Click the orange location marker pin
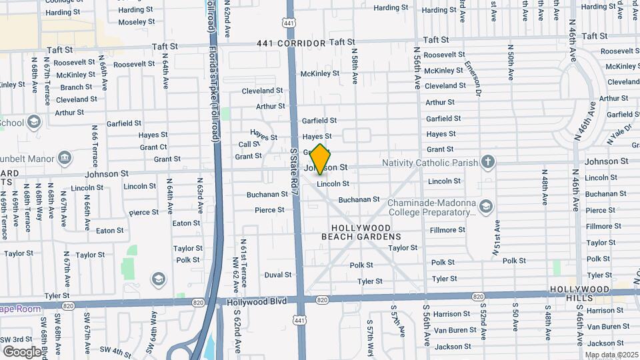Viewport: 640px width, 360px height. (x=321, y=159)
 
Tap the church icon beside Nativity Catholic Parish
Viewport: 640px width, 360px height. (x=488, y=162)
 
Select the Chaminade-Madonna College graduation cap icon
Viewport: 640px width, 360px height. (x=486, y=205)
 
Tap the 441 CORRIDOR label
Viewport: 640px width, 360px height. (x=291, y=43)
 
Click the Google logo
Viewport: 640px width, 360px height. (x=22, y=351)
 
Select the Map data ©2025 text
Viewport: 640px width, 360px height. (x=611, y=355)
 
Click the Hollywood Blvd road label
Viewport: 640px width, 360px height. (x=257, y=301)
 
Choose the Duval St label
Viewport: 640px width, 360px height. (x=278, y=275)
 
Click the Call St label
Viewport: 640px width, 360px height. (x=249, y=144)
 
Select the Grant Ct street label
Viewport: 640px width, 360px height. (x=153, y=147)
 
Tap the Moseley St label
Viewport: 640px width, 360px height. (x=136, y=21)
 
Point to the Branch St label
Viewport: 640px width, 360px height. (x=76, y=87)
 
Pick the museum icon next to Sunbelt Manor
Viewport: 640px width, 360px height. (x=65, y=157)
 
